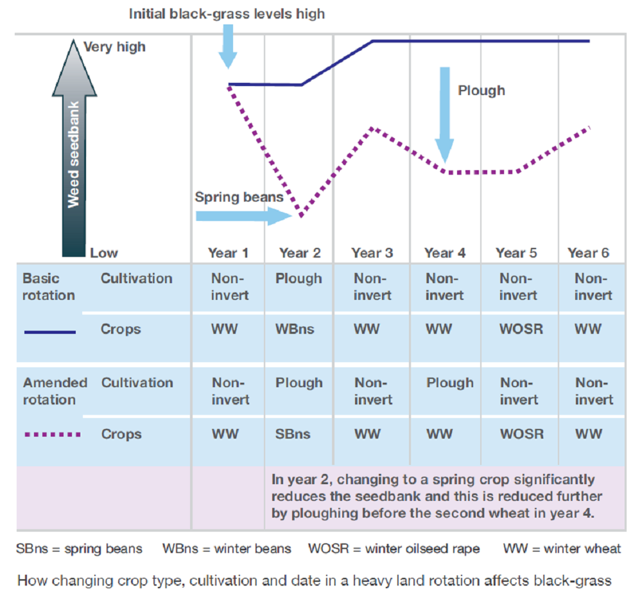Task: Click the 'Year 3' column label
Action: point(372,253)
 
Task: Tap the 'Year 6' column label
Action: point(588,253)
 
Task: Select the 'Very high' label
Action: point(114,47)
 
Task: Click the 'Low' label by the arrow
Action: point(104,253)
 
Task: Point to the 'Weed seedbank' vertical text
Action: point(74,154)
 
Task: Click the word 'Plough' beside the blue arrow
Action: point(481,91)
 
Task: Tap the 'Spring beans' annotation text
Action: point(239,197)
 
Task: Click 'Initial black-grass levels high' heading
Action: point(227,13)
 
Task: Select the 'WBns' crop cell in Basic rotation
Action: point(295,329)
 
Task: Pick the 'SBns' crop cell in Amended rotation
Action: point(293,434)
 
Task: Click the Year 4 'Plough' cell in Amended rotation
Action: point(450,383)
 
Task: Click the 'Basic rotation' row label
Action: point(49,287)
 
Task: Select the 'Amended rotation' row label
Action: point(55,391)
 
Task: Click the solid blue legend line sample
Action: point(50,332)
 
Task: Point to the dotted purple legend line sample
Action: point(51,435)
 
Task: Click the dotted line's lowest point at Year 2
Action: point(300,215)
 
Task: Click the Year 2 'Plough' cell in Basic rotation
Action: point(299,279)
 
